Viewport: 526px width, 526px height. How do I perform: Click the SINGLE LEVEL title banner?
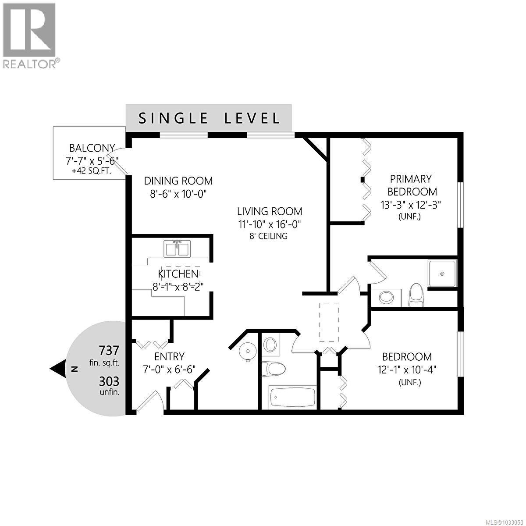209,118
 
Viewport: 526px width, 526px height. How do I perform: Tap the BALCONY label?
92,148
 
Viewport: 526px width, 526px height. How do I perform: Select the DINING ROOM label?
178,181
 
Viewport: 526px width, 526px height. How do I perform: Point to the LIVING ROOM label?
270,211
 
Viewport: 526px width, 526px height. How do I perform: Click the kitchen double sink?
177,249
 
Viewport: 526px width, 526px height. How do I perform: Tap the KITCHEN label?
178,274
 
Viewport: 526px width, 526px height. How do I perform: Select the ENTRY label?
169,356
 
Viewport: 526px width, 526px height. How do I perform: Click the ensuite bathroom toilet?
415,295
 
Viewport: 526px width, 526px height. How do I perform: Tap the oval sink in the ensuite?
386,297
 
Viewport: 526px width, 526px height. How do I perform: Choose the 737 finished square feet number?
109,351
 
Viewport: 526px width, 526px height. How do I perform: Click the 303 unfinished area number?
109,381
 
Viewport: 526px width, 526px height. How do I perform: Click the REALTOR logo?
29,35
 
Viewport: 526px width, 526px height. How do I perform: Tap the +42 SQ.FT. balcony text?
92,171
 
